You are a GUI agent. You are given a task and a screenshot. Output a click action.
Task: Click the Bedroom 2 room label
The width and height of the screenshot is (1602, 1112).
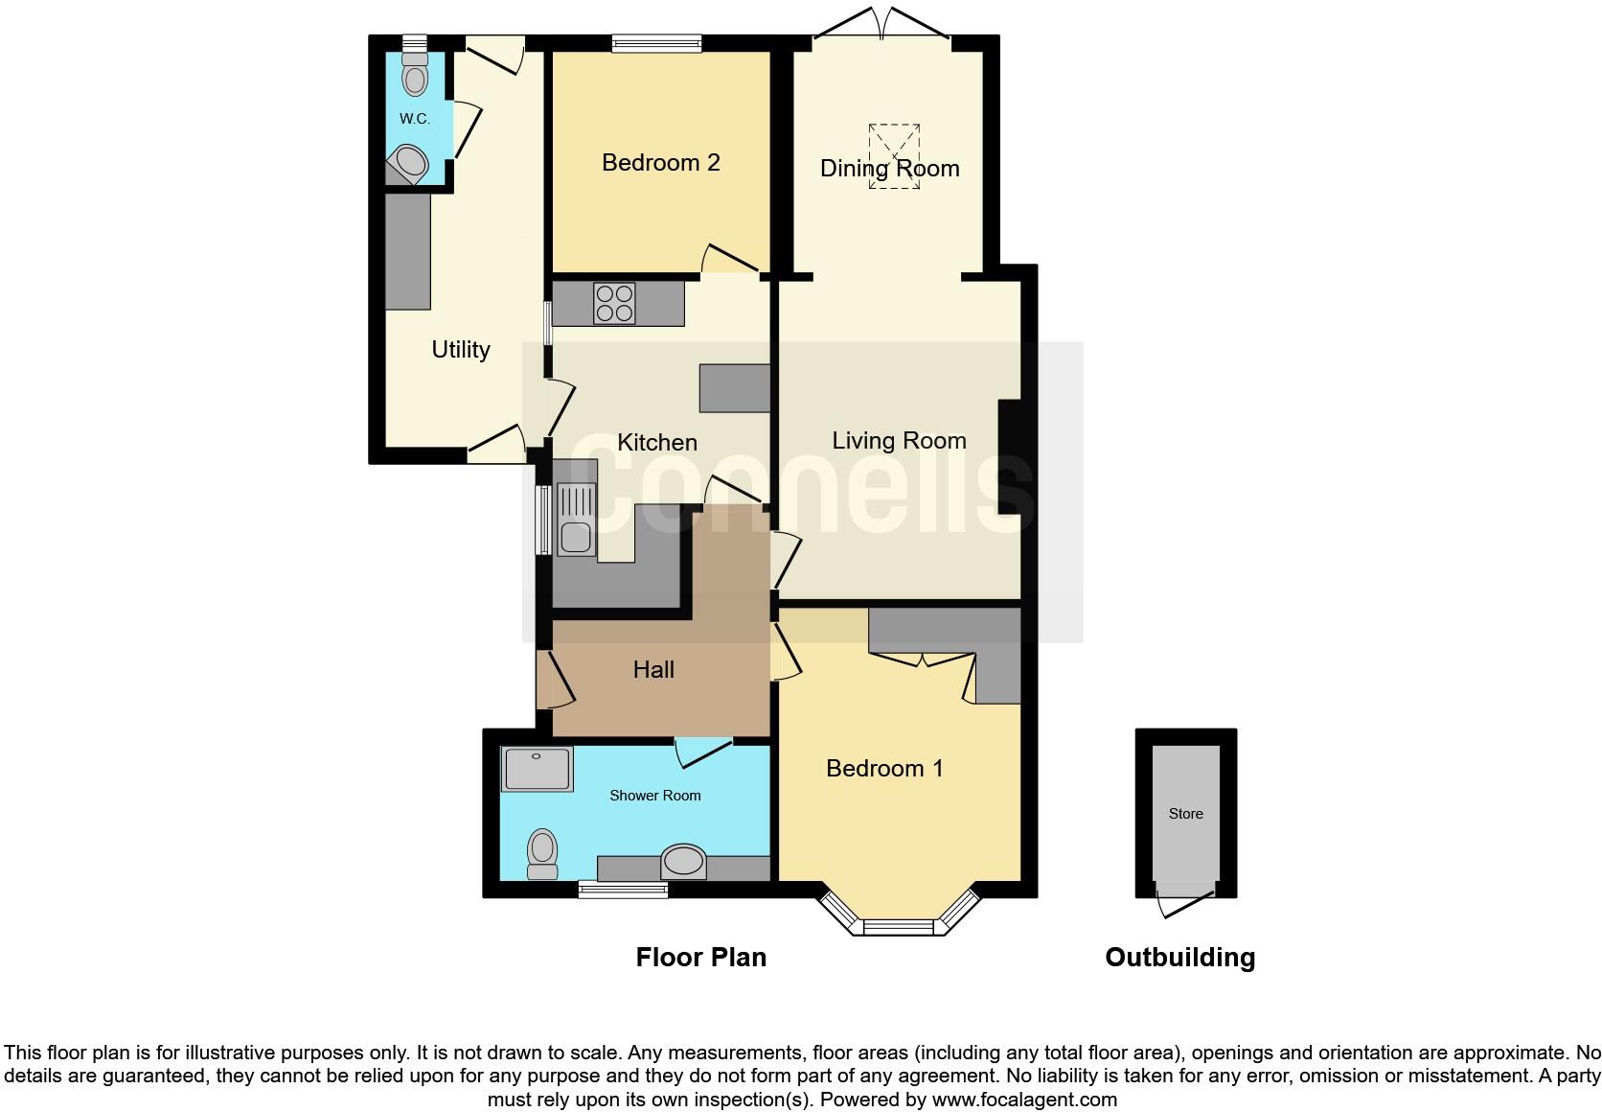[660, 162]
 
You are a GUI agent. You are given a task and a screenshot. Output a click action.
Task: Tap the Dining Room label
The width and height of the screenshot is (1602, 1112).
[889, 169]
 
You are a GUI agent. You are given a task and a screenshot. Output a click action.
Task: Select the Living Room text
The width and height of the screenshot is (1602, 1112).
[898, 440]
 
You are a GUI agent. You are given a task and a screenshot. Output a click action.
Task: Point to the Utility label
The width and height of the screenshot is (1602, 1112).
[460, 350]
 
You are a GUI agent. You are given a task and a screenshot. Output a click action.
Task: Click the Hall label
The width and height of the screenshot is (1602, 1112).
[653, 669]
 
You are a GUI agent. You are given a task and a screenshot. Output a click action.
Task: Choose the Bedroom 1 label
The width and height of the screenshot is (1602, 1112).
[884, 768]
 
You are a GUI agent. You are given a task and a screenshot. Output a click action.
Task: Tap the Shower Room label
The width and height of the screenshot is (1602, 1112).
[655, 796]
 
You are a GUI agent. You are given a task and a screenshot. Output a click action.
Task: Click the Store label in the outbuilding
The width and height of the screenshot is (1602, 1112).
[1185, 814]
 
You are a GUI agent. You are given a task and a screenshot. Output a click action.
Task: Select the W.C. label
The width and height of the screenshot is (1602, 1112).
[414, 119]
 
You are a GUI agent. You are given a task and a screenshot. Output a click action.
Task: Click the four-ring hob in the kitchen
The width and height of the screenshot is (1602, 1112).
[614, 303]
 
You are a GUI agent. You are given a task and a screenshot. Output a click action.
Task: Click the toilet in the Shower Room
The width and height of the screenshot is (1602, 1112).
[542, 853]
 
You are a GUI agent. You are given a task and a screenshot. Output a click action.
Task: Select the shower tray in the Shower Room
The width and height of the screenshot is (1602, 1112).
[537, 769]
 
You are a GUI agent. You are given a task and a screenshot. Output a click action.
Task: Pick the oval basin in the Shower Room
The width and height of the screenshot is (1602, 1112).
[683, 861]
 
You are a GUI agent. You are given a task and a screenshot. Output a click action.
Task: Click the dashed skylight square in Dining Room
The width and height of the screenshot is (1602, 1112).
[894, 155]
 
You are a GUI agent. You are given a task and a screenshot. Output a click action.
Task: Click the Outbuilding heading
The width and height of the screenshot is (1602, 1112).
[1179, 957]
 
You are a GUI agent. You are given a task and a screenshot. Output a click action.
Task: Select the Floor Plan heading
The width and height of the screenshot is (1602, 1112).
[700, 957]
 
